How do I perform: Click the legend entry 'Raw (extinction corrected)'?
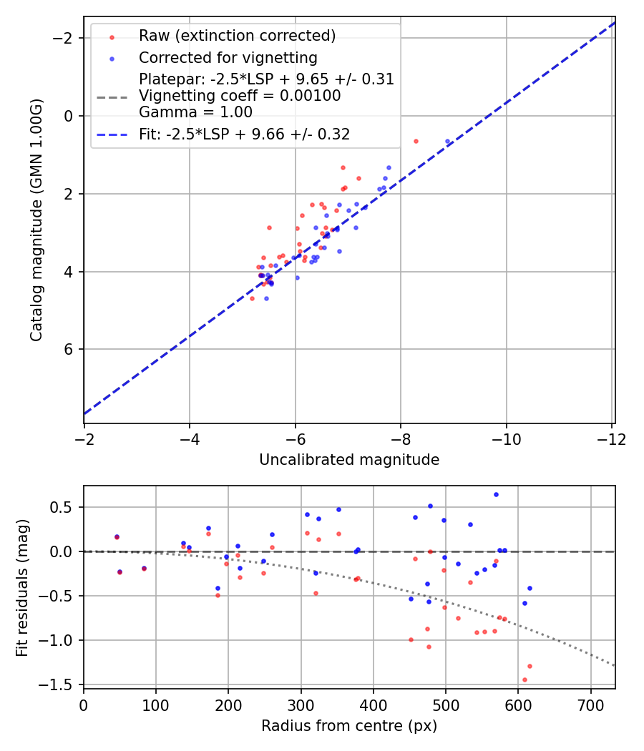[237, 36]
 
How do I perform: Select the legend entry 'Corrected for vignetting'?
[228, 57]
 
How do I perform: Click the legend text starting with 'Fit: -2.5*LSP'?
[244, 134]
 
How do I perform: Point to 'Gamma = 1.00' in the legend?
[195, 112]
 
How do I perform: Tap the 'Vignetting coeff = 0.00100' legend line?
[240, 96]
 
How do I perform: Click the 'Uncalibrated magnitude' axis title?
[349, 460]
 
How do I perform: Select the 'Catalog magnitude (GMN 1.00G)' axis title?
[36, 220]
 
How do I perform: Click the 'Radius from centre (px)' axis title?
[349, 726]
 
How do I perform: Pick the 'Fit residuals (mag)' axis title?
[22, 586]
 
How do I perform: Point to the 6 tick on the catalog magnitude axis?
[69, 349]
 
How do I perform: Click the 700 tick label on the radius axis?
[590, 705]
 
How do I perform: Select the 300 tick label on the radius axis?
[301, 705]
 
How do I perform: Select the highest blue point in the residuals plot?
[496, 494]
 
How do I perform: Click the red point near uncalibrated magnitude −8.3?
[416, 141]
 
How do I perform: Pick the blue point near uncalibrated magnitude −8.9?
[448, 142]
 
